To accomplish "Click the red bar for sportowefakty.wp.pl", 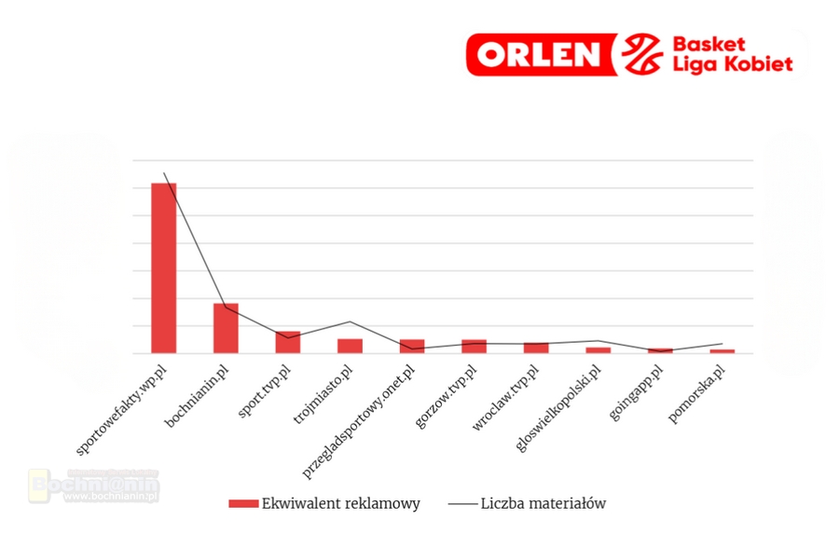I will click(164, 267).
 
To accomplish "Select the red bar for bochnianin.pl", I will click(226, 328).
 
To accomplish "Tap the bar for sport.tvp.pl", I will click(288, 342).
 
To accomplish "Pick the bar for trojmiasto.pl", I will click(350, 346).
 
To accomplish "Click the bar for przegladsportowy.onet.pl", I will click(412, 346).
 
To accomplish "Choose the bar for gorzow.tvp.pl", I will click(474, 346).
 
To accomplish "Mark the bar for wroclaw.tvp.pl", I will click(536, 348).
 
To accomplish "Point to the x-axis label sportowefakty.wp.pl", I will click(123, 407).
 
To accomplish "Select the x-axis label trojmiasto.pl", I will click(323, 393).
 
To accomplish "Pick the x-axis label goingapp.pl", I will click(637, 392).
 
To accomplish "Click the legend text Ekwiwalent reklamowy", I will click(341, 503).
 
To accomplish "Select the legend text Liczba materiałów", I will click(543, 503).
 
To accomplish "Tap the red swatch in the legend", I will click(243, 503).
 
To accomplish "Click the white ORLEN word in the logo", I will click(540, 55).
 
